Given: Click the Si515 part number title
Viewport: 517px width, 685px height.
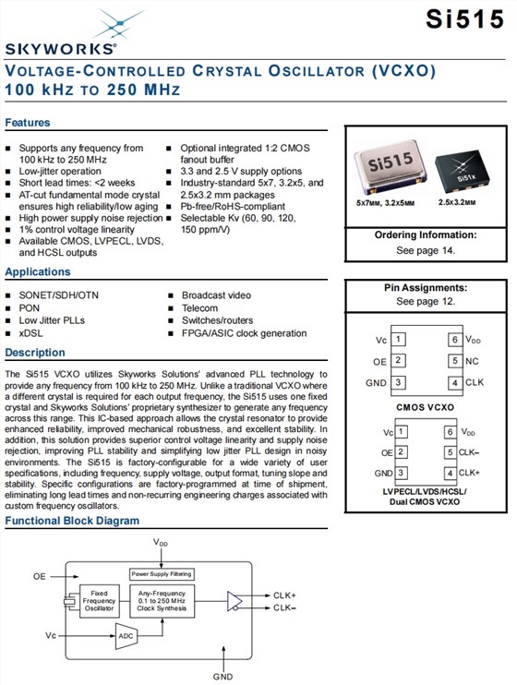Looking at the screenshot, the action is coord(465,19).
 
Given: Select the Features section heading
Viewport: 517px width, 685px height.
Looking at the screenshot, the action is coord(28,122).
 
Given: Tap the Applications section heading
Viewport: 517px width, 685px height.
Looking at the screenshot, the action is coord(38,271).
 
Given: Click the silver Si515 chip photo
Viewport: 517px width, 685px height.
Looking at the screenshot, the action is coord(391,167).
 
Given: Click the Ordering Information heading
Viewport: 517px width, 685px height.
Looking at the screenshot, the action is coord(426,235).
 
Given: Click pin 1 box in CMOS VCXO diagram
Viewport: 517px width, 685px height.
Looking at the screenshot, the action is coord(398,339).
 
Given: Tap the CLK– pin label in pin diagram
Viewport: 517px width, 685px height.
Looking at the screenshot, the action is coord(469,452).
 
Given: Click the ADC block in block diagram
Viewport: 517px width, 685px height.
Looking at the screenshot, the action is coord(126,636).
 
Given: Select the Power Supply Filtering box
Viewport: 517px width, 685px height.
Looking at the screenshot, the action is coord(162,574).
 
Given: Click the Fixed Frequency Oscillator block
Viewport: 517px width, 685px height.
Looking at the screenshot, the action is coord(99,601).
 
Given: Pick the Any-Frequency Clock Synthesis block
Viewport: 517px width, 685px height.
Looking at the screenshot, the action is coord(162,601).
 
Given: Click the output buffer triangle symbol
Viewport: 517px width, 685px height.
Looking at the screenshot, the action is coord(234,602).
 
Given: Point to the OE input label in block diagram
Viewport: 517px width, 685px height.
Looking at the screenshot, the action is coord(40,577).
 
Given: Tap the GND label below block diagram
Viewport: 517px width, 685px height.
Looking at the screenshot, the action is coord(222,677).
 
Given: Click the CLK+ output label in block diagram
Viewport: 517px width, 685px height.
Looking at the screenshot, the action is coord(284,595).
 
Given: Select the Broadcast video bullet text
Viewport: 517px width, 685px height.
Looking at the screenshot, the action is coord(216,295).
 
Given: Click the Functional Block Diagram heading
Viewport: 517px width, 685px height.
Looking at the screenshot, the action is coord(72,521).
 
